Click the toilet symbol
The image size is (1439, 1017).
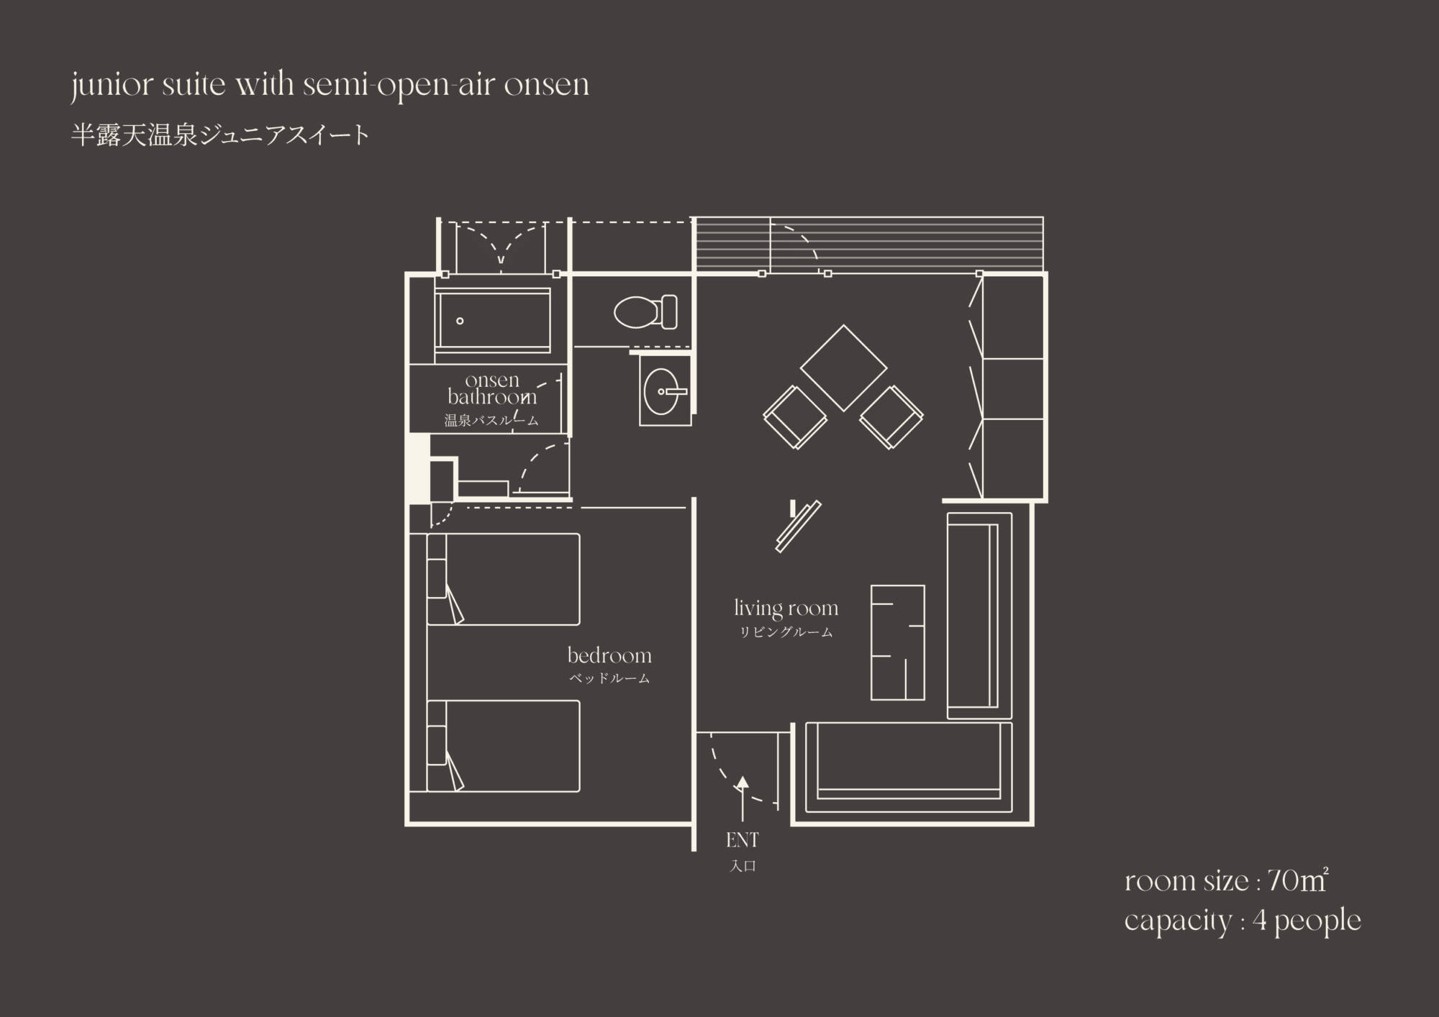click(645, 312)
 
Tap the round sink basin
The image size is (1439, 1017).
click(661, 392)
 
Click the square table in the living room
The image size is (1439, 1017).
click(843, 368)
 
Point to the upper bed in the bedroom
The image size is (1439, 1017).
click(503, 579)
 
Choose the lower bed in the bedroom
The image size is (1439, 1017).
click(503, 746)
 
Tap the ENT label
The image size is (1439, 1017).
click(743, 839)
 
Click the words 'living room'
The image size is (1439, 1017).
click(786, 608)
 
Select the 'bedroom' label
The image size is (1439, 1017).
click(609, 655)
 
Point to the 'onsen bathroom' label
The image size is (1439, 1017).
click(492, 388)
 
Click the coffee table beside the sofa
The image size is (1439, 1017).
click(897, 642)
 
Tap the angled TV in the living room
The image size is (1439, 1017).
click(798, 526)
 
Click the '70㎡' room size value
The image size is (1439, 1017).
click(1297, 881)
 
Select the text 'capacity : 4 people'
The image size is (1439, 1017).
click(1243, 921)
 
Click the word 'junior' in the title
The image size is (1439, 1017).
click(112, 86)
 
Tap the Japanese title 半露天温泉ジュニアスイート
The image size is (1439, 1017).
click(220, 135)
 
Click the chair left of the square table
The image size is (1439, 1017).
click(795, 417)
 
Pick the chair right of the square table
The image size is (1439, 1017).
click(891, 417)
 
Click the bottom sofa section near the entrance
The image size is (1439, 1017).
click(909, 767)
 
